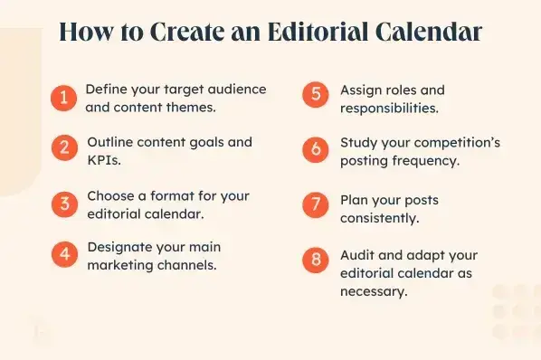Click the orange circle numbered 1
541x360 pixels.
click(x=63, y=98)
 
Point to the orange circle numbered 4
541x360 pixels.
click(x=63, y=255)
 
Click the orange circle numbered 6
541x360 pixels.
click(x=315, y=150)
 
